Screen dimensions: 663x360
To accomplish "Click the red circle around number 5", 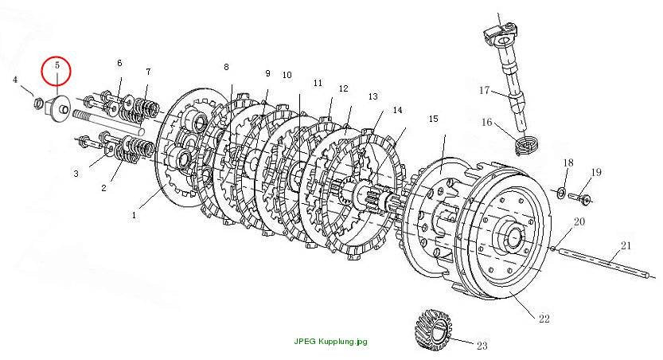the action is click(42, 71).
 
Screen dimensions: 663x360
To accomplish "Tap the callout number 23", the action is click(482, 346).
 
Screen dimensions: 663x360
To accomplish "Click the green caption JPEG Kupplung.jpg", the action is click(330, 342).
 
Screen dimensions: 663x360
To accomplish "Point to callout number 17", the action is click(484, 90).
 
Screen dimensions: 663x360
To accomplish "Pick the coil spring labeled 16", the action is click(525, 144).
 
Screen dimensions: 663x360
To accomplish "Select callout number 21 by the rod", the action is click(626, 245).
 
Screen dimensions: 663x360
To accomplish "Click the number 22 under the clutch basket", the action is click(544, 319).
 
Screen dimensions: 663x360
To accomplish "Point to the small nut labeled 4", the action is click(37, 102).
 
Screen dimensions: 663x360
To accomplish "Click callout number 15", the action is click(434, 119).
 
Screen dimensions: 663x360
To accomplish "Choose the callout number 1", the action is click(134, 215).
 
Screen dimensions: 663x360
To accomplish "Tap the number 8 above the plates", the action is click(226, 67).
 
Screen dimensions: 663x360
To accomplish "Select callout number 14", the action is click(397, 110).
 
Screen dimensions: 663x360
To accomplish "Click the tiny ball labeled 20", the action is click(553, 248).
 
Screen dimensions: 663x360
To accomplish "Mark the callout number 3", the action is click(76, 174).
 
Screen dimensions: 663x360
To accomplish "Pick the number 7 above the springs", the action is click(148, 72).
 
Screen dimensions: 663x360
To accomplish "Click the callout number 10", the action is click(287, 75).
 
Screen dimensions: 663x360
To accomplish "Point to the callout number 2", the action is click(104, 188).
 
